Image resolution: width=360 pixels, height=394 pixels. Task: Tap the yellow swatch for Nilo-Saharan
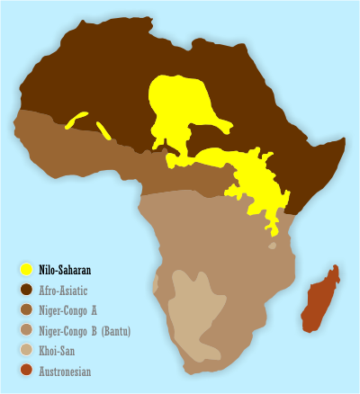pos(27,269)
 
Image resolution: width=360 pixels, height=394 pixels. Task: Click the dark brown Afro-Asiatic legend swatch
pos(27,290)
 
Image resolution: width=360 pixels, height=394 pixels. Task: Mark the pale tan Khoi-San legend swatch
pos(27,351)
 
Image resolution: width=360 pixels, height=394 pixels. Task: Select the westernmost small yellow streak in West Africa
pos(76,120)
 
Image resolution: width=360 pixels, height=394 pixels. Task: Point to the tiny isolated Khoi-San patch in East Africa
pos(272,245)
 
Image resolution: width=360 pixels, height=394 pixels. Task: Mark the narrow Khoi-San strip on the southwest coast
pos(156,285)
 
